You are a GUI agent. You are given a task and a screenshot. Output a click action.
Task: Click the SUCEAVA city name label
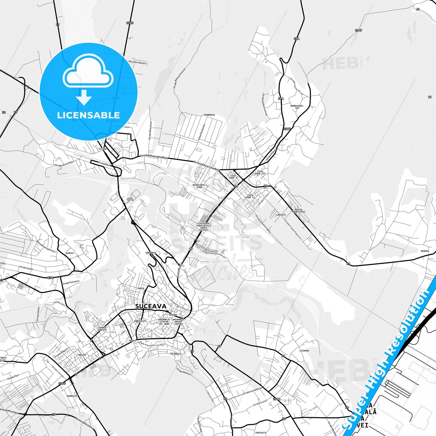pos(151,306)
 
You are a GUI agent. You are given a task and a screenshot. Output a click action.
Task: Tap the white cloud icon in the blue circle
pos(88,72)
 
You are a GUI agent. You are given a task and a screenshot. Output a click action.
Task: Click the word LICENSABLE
pos(88,115)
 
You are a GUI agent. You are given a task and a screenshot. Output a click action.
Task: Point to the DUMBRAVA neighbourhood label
pos(209,115)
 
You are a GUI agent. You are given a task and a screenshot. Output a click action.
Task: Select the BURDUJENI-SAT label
pos(297,107)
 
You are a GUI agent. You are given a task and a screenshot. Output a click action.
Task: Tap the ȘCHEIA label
pos(69,253)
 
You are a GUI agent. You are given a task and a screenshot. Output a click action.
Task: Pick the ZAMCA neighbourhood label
pos(141,288)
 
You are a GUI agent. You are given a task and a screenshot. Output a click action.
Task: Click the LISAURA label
pos(304,351)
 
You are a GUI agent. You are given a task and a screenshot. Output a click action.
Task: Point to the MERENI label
pos(425,251)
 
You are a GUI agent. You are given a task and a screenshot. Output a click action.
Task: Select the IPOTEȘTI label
pos(261,433)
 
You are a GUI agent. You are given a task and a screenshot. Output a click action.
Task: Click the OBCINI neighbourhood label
pos(82,355)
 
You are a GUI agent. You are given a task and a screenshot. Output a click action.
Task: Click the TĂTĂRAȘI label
pos(175,353)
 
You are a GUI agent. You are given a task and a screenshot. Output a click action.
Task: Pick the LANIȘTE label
pos(281,215)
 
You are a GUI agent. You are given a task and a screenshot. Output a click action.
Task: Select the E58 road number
pos(50,278)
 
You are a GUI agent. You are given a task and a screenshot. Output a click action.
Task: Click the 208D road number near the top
pos(130,23)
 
